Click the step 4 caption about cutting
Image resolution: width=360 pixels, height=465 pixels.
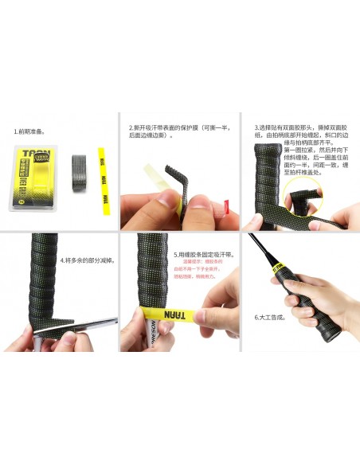coord(88,260)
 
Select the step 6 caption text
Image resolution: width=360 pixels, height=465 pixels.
coord(271,317)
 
